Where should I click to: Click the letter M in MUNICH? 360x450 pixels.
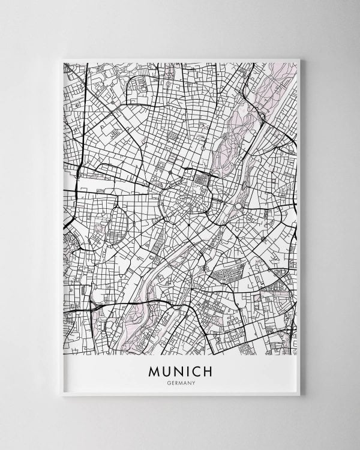point(154,371)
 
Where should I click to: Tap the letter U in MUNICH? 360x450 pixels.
point(169,371)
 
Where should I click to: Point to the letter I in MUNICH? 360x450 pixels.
point(191,371)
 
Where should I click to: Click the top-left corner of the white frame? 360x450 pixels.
point(62,59)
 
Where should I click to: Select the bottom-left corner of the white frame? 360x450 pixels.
point(62,396)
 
